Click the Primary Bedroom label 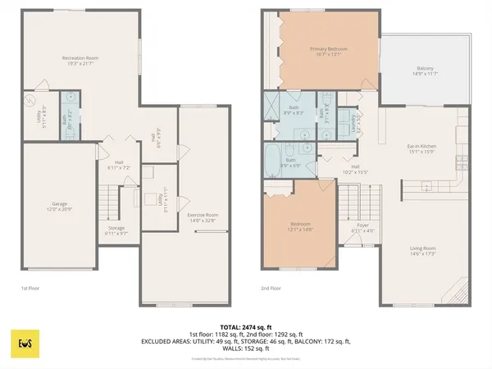329,52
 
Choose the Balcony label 424,71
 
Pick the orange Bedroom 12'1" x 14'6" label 300,226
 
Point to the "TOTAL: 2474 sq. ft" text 245,327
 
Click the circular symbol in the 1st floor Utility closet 31,102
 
